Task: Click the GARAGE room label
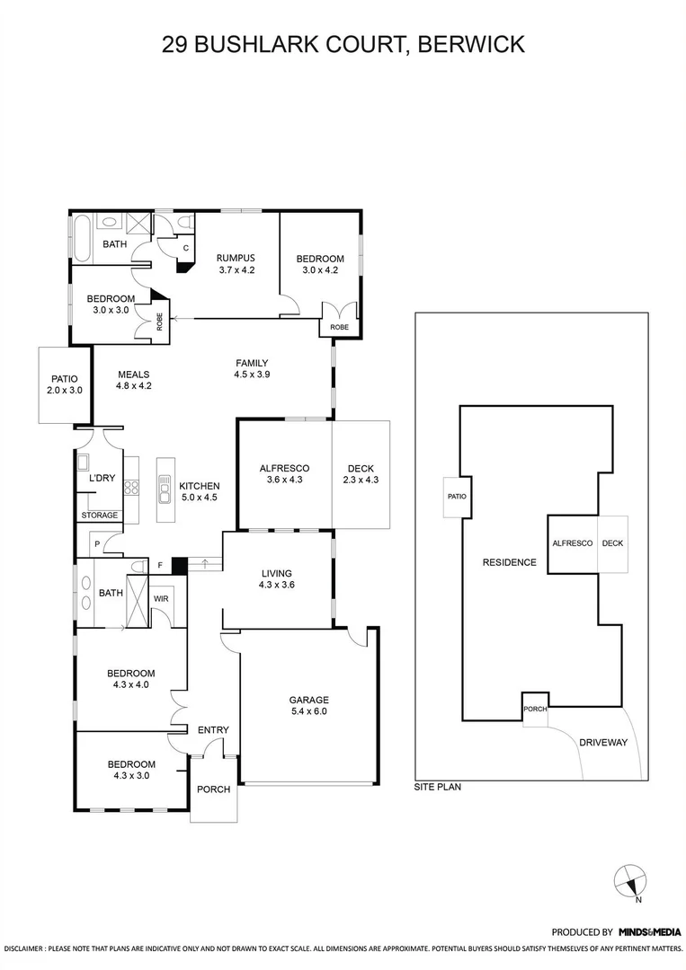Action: (308, 700)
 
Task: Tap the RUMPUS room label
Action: (237, 258)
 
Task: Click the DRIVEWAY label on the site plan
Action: (603, 743)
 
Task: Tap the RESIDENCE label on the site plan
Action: (509, 562)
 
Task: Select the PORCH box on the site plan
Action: (535, 708)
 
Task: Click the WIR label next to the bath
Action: (163, 598)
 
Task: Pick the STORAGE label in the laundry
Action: (99, 515)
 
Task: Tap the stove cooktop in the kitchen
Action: (131, 488)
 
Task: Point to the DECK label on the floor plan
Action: (361, 468)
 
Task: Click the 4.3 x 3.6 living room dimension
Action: (276, 585)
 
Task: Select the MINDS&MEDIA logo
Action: (650, 931)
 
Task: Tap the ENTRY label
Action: (213, 730)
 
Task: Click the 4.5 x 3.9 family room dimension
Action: (252, 375)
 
